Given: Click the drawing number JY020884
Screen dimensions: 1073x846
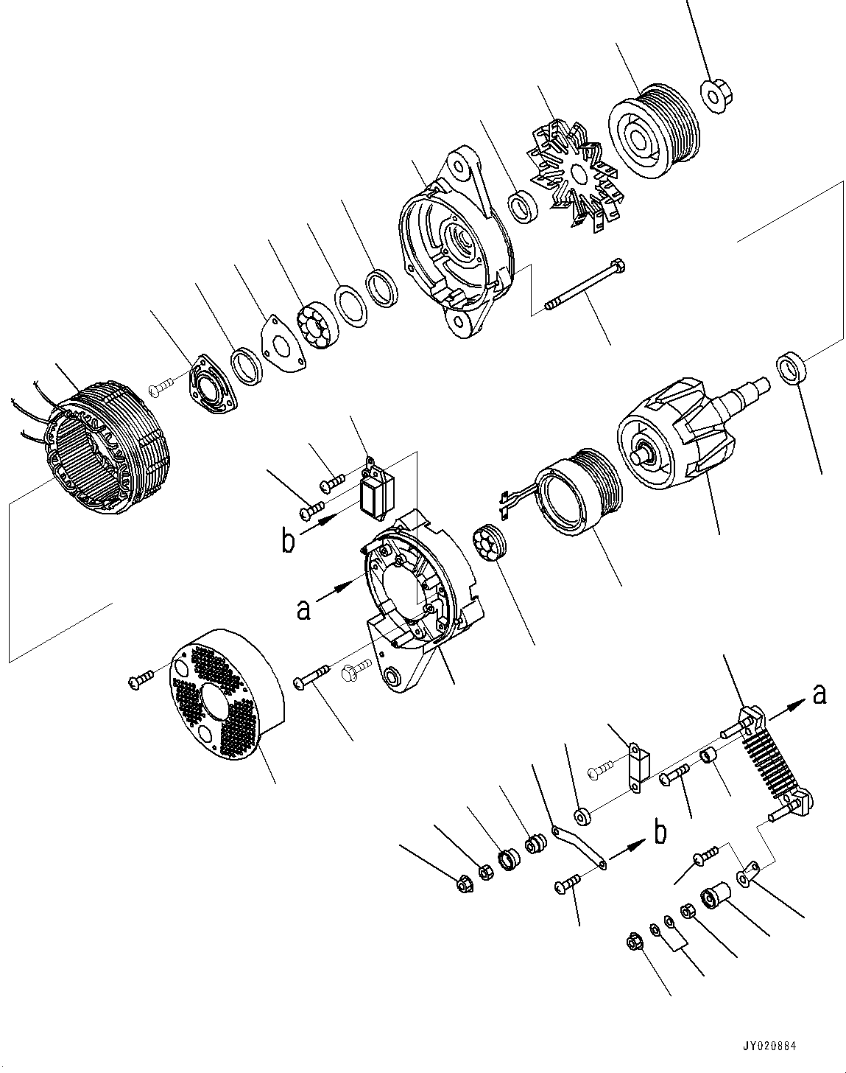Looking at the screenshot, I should click(x=769, y=1046).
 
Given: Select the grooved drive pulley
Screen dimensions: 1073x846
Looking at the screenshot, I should click(x=651, y=132).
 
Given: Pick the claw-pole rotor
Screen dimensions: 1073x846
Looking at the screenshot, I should click(x=670, y=442).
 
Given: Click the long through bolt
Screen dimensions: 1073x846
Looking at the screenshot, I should click(x=585, y=284).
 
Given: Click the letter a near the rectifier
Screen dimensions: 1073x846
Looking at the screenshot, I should click(x=818, y=693).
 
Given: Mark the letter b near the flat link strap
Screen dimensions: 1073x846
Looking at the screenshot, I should click(x=660, y=833).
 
